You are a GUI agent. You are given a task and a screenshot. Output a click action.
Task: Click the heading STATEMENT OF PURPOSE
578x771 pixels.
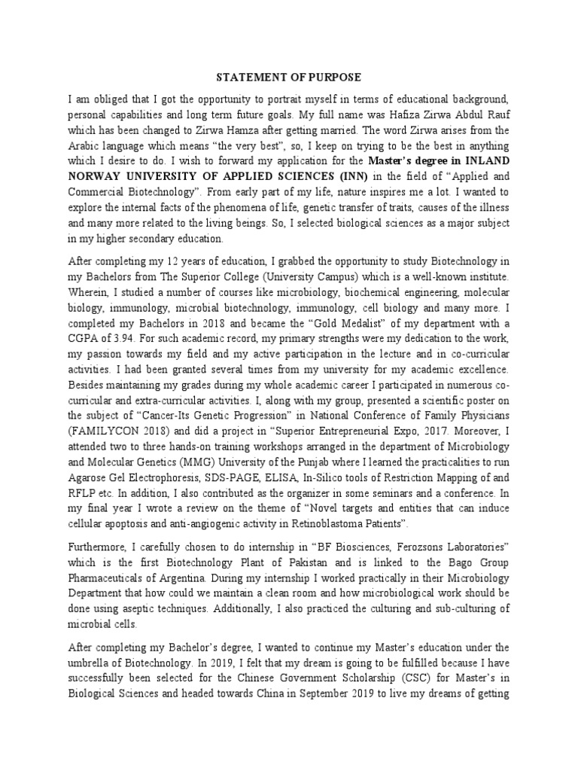pyautogui.click(x=289, y=78)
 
